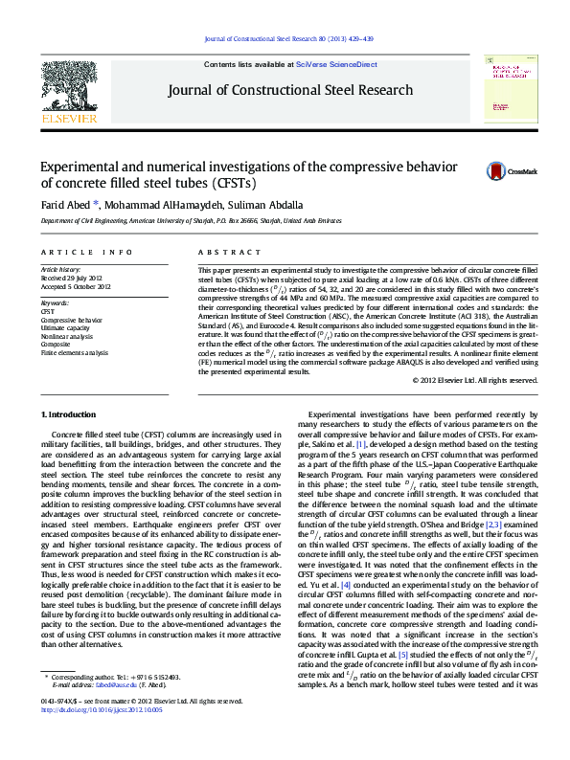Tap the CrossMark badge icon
tap(497, 171)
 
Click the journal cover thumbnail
tap(509, 86)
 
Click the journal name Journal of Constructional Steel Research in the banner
tap(291, 90)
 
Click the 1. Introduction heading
tap(71, 414)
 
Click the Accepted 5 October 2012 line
tap(76, 286)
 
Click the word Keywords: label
tap(55, 303)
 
